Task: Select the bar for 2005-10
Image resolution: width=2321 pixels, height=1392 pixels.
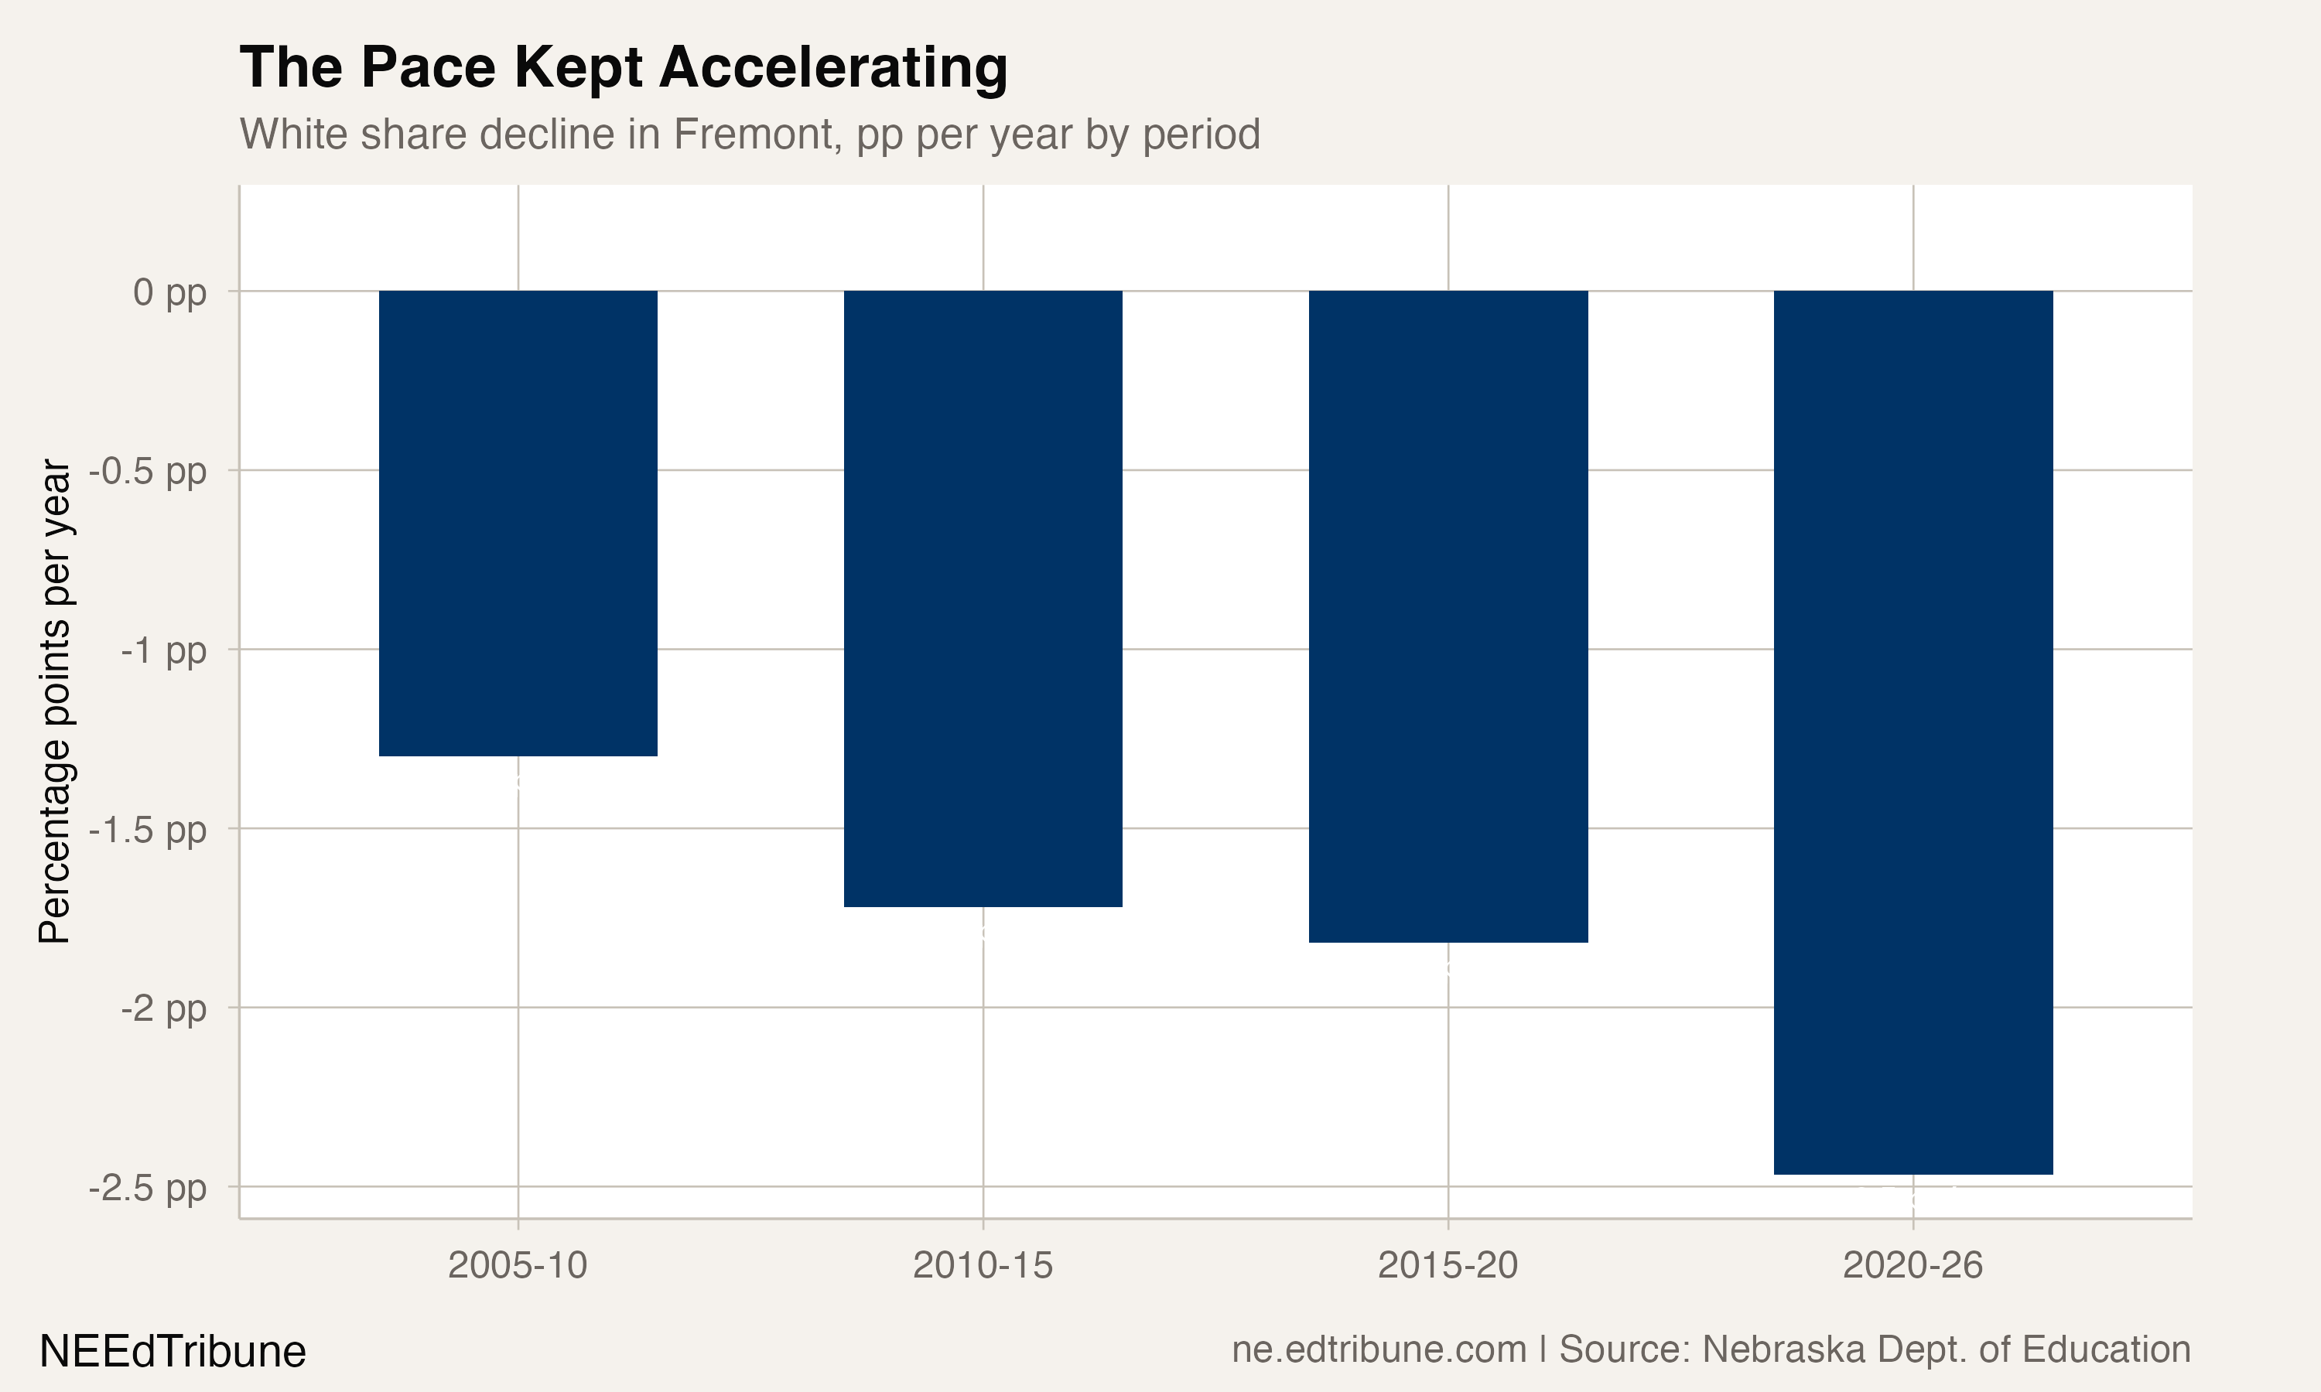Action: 518,523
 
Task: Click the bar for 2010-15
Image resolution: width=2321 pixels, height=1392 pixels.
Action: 983,599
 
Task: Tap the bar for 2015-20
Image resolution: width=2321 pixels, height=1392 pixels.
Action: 1448,616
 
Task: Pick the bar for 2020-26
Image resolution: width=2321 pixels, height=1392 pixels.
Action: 1913,732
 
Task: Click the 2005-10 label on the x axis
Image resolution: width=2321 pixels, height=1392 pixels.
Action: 518,1265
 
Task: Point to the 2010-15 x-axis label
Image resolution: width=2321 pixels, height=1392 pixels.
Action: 983,1265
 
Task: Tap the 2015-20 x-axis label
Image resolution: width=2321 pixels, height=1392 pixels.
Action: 1448,1265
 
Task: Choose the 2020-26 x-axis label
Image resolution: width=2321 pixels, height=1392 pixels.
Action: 1913,1265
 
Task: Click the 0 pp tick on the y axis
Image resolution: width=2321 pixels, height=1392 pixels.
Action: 169,292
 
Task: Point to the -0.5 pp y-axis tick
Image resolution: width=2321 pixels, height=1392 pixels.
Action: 149,471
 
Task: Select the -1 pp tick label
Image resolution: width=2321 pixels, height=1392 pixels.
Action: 163,650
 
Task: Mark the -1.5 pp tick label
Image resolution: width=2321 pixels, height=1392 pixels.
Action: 149,829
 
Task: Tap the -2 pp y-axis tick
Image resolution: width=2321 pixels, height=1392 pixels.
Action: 163,1008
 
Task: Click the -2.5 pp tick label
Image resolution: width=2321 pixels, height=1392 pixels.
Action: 149,1189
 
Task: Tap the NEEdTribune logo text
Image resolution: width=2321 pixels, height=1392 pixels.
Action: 173,1352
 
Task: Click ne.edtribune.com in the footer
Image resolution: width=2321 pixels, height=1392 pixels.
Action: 1379,1349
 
